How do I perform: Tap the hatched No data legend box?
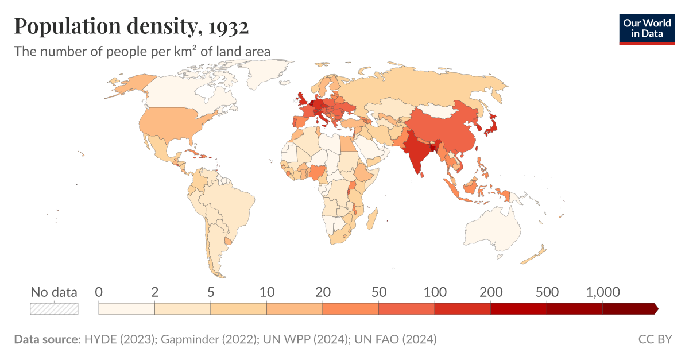[x=54, y=308]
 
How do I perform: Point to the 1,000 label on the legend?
[x=603, y=292]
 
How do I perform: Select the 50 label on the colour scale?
[x=378, y=292]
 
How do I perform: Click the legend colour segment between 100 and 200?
[x=462, y=309]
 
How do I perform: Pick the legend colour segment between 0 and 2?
[x=126, y=309]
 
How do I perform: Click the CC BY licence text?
[x=655, y=339]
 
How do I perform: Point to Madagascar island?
[x=372, y=219]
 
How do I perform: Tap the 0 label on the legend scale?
[x=99, y=292]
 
